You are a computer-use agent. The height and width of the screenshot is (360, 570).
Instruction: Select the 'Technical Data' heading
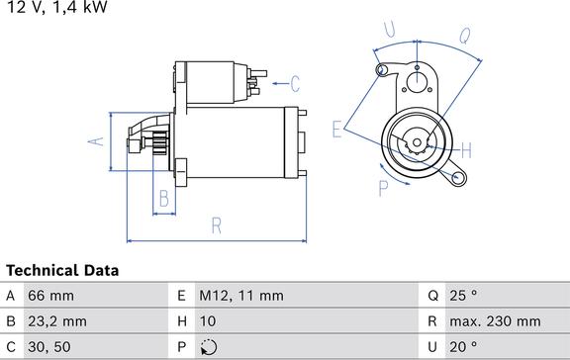[62, 270]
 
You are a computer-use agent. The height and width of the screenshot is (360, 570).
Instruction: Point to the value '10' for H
[209, 320]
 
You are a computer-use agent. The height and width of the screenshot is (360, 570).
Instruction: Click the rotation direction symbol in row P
[208, 346]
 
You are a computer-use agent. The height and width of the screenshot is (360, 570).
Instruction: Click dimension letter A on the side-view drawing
[96, 141]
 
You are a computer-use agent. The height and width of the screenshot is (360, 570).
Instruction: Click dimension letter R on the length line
[217, 225]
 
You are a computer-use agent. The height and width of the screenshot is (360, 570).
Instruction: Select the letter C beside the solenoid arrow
[294, 82]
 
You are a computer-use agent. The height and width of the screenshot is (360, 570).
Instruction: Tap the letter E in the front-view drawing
[336, 128]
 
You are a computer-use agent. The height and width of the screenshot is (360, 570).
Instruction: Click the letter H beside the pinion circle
[466, 150]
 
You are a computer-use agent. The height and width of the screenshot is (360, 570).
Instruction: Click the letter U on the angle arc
[389, 30]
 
